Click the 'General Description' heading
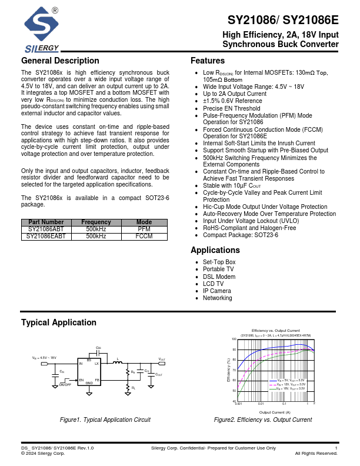click(x=60, y=61)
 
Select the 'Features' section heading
click(x=208, y=61)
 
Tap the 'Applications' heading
click(x=215, y=250)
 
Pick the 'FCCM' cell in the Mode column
click(x=144, y=236)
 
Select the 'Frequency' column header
click(x=96, y=222)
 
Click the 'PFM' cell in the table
click(x=144, y=229)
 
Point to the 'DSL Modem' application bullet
click(x=219, y=277)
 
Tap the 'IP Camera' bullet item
click(x=216, y=291)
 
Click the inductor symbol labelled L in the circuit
click(x=117, y=362)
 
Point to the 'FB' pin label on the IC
click(x=97, y=381)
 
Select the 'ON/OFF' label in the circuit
click(x=65, y=385)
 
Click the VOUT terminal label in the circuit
click(x=162, y=359)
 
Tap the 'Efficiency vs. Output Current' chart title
click(x=275, y=331)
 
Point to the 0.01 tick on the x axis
click(x=261, y=404)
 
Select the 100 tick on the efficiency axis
click(x=234, y=339)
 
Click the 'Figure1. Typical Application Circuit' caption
click(x=105, y=420)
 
